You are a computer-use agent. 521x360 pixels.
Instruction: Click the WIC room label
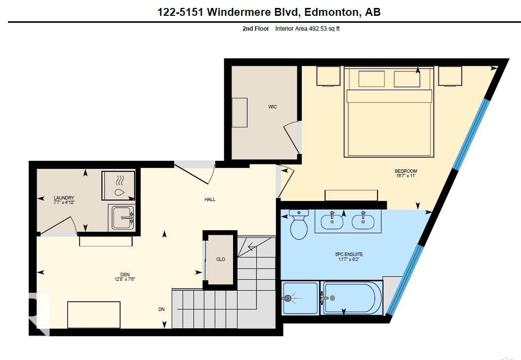click(273, 107)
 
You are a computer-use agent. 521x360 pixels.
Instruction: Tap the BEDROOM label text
click(406, 171)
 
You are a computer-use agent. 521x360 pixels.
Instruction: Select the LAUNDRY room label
click(64, 198)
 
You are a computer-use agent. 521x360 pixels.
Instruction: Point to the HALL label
click(210, 200)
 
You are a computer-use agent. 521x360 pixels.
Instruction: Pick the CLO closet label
click(221, 259)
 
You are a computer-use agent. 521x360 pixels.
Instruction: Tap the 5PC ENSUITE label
click(349, 255)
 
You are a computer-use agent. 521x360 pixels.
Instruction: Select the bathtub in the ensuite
click(352, 298)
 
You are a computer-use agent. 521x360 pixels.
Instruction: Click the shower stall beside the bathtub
click(300, 298)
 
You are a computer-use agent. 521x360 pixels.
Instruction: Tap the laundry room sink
click(121, 217)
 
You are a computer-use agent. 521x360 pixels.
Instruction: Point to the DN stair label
click(161, 309)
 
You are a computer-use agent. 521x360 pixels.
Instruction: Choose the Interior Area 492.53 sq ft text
click(307, 29)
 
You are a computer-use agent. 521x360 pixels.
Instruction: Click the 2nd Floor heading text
click(255, 29)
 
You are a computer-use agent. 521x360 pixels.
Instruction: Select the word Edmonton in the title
click(329, 12)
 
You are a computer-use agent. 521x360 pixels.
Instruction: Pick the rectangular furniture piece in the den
click(94, 314)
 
